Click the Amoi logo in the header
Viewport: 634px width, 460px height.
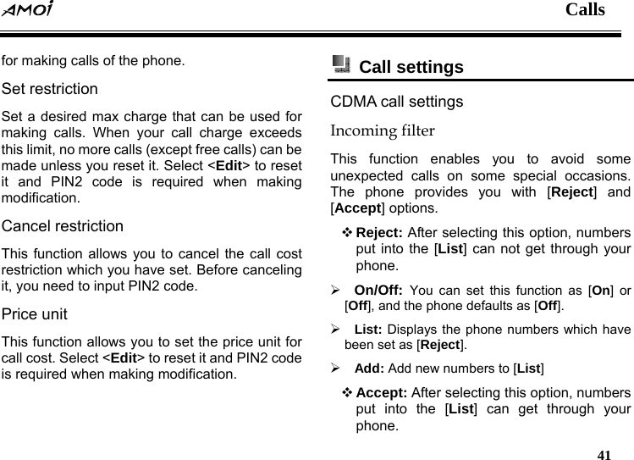click(x=27, y=11)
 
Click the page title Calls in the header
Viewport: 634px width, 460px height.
click(x=585, y=10)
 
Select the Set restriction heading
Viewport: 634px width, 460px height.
click(x=50, y=89)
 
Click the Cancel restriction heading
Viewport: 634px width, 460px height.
click(x=63, y=227)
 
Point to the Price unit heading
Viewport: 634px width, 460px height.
click(x=35, y=314)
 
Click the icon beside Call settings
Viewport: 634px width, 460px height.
click(x=340, y=64)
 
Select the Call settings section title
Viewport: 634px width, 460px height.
click(x=411, y=67)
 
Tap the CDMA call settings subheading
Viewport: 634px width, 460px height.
click(x=397, y=103)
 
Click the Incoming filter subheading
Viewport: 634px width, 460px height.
click(x=383, y=131)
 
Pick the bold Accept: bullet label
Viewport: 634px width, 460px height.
click(x=383, y=393)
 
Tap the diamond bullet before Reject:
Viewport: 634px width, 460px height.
click(x=347, y=233)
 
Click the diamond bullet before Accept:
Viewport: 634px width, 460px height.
click(x=347, y=393)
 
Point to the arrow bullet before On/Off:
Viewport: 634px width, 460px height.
click(x=336, y=289)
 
